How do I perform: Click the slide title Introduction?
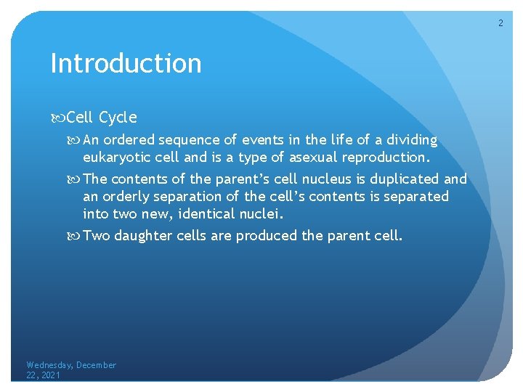pyautogui.click(x=126, y=64)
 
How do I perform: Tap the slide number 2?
pyautogui.click(x=500, y=24)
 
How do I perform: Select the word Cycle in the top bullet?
pyautogui.click(x=118, y=118)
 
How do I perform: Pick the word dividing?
pyautogui.click(x=411, y=140)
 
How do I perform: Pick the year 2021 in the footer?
pyautogui.click(x=51, y=375)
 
